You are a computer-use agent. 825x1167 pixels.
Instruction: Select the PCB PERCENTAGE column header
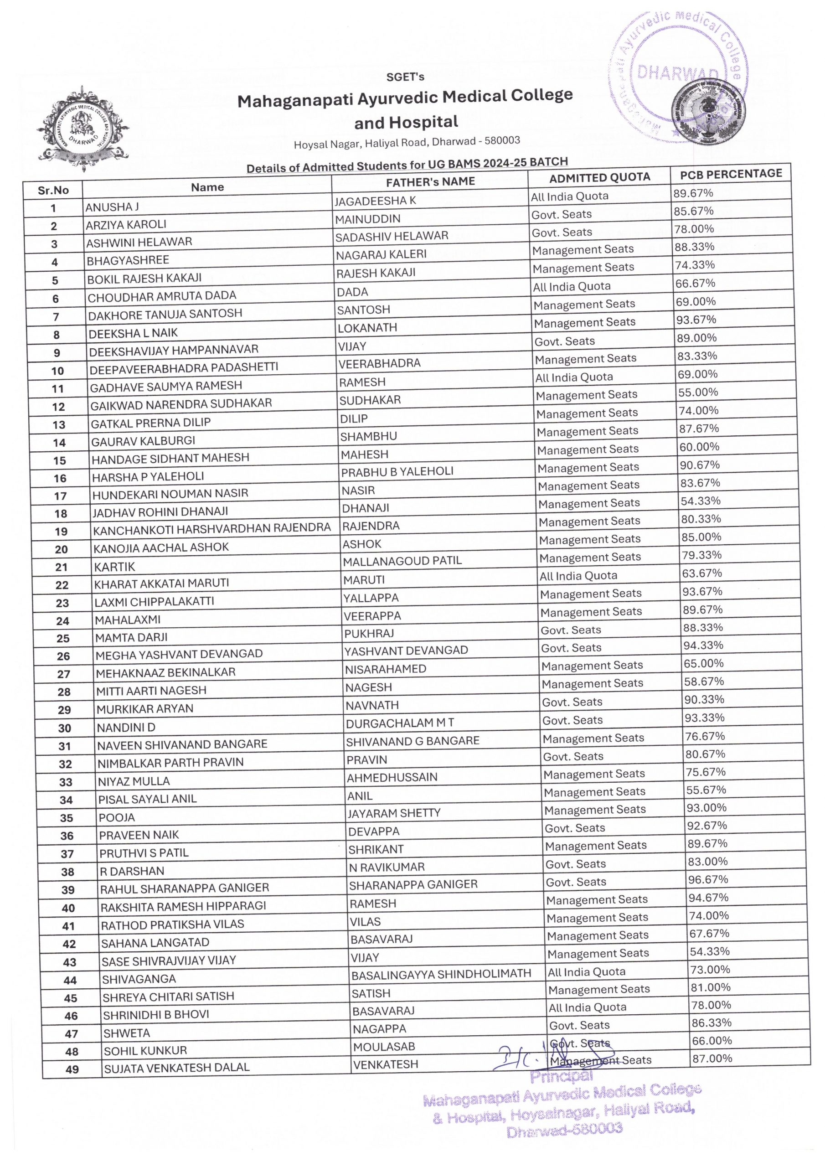731,174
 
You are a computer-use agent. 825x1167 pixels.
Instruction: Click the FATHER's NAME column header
430,182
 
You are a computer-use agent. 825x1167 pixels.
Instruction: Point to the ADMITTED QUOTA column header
599,177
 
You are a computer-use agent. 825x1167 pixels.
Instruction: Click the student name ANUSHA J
112,207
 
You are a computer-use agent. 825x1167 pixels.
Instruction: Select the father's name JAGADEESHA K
375,201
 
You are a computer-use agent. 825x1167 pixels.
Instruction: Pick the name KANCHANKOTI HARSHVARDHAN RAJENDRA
212,528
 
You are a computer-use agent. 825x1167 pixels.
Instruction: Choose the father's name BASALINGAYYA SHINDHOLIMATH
441,974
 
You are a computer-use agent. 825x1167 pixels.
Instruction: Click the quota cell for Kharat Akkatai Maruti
578,576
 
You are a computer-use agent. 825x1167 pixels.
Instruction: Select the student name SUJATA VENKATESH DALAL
176,1067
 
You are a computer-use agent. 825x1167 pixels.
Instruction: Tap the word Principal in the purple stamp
561,1077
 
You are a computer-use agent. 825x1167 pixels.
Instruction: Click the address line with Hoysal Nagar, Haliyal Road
407,143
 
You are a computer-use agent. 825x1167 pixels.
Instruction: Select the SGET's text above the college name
405,77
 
